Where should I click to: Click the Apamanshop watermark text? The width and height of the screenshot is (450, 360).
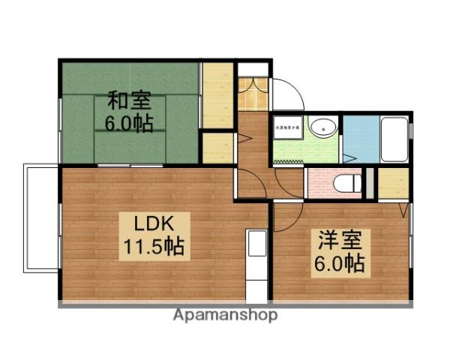pyautogui.click(x=225, y=315)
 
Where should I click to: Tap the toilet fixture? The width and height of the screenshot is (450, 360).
pyautogui.click(x=347, y=182)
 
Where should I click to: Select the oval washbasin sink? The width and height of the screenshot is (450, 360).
pyautogui.click(x=322, y=127)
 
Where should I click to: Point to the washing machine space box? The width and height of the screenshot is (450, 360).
pyautogui.click(x=286, y=128)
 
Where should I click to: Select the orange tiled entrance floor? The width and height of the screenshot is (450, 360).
pyautogui.click(x=253, y=94)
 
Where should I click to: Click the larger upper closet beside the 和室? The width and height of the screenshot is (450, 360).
pyautogui.click(x=217, y=96)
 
